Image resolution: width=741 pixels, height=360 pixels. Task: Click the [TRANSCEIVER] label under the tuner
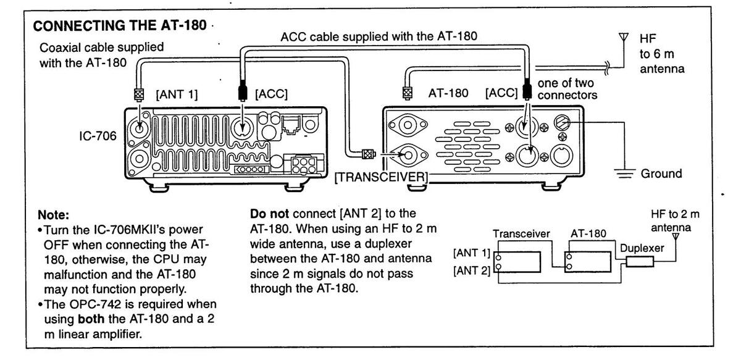pyautogui.click(x=382, y=178)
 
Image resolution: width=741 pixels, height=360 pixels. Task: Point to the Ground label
pyautogui.click(x=661, y=174)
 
